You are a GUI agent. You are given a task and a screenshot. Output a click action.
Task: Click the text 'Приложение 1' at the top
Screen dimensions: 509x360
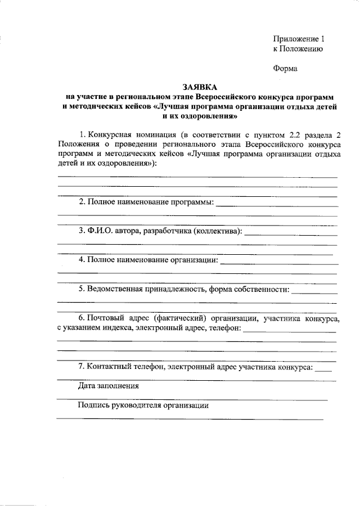(x=299, y=39)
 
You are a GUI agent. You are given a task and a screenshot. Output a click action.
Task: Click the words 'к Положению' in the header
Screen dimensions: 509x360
(x=297, y=49)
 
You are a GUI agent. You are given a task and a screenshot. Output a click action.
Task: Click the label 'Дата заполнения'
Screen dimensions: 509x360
(x=108, y=386)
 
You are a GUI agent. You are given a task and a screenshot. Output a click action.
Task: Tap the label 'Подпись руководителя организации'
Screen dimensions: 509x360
(x=143, y=406)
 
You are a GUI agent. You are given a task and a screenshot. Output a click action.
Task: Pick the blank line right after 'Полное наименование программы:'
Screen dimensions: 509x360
(x=276, y=206)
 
